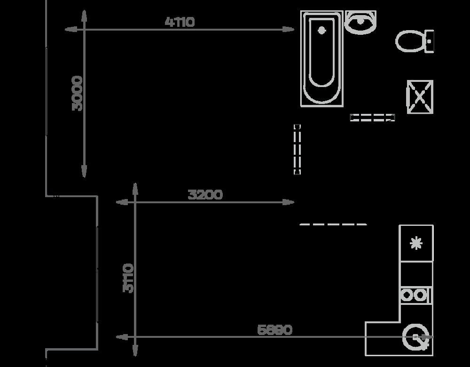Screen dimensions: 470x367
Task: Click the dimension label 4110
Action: click(x=180, y=22)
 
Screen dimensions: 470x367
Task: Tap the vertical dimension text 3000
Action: click(x=77, y=93)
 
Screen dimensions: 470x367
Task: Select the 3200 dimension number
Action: click(x=205, y=195)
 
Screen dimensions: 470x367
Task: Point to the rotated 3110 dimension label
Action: click(x=128, y=278)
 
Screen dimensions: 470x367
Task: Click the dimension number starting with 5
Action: click(x=274, y=330)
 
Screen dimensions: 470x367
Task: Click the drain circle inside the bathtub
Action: click(x=321, y=30)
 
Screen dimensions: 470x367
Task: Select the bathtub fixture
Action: click(x=322, y=59)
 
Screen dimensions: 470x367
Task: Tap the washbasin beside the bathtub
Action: click(x=360, y=22)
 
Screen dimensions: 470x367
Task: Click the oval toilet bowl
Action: click(x=410, y=41)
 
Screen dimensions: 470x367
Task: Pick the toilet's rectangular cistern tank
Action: click(x=429, y=41)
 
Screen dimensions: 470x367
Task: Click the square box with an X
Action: click(x=420, y=97)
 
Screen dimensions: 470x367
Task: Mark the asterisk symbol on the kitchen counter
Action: click(x=416, y=243)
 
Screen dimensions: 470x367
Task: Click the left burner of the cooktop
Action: click(x=407, y=295)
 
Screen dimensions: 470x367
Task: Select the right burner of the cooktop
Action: click(x=420, y=295)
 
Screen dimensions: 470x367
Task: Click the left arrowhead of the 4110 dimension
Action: click(x=71, y=30)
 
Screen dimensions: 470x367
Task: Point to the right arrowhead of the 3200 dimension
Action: click(x=289, y=202)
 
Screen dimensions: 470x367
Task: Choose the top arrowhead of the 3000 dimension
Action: click(x=84, y=16)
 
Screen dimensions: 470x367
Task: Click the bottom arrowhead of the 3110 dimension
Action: click(x=135, y=350)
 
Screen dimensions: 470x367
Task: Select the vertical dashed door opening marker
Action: click(x=297, y=150)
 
